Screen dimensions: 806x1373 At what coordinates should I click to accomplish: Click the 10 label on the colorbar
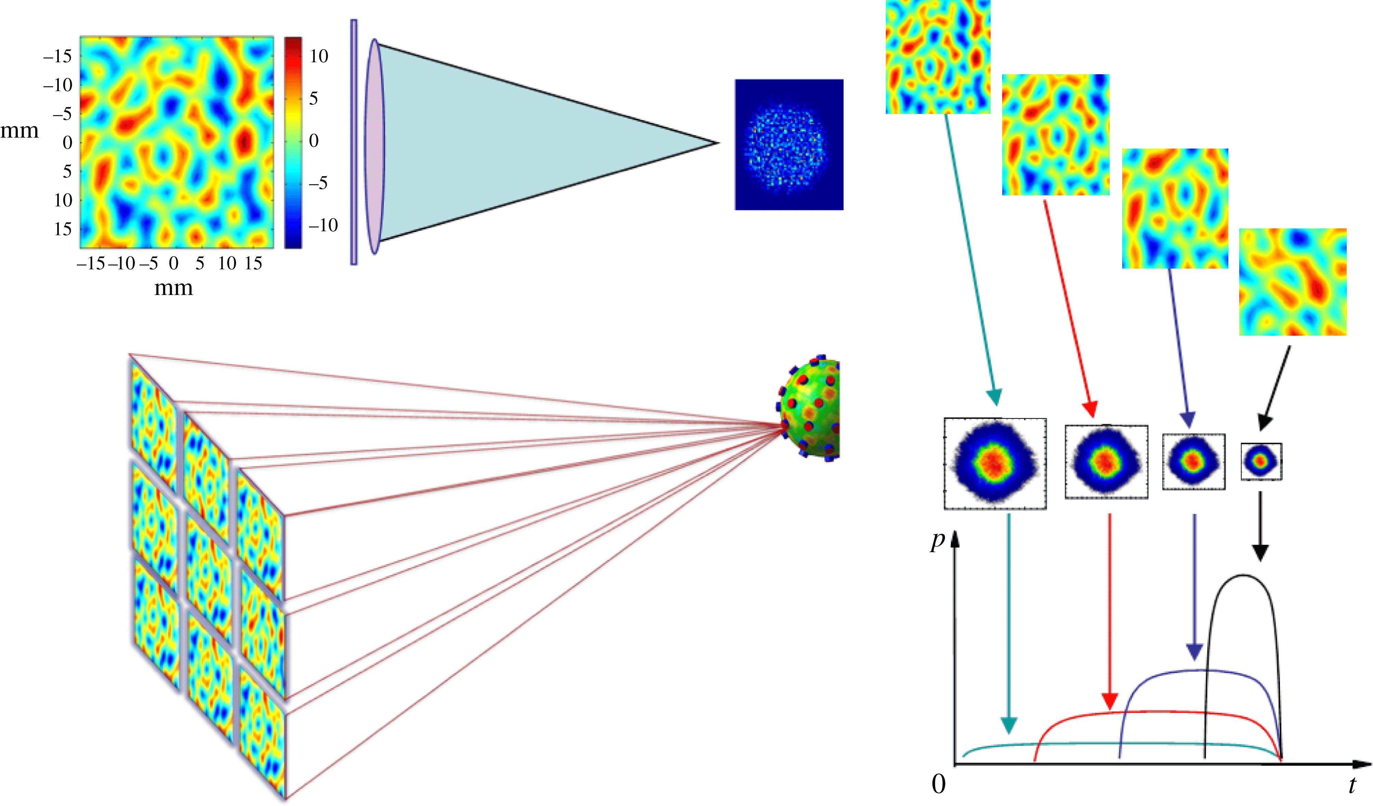pos(319,56)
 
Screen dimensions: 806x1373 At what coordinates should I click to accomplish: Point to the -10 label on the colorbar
pos(323,225)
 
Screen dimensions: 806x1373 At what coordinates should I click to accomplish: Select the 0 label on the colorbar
pos(314,141)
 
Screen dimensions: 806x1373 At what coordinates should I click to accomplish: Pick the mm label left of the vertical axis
pos(19,131)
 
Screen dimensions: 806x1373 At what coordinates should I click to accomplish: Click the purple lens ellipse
pos(374,146)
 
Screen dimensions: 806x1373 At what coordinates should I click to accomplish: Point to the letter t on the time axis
pos(1352,785)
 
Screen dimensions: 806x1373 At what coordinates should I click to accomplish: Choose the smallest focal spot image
pos(1261,461)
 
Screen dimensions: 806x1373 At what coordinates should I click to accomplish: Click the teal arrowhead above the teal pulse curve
pos(1009,725)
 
